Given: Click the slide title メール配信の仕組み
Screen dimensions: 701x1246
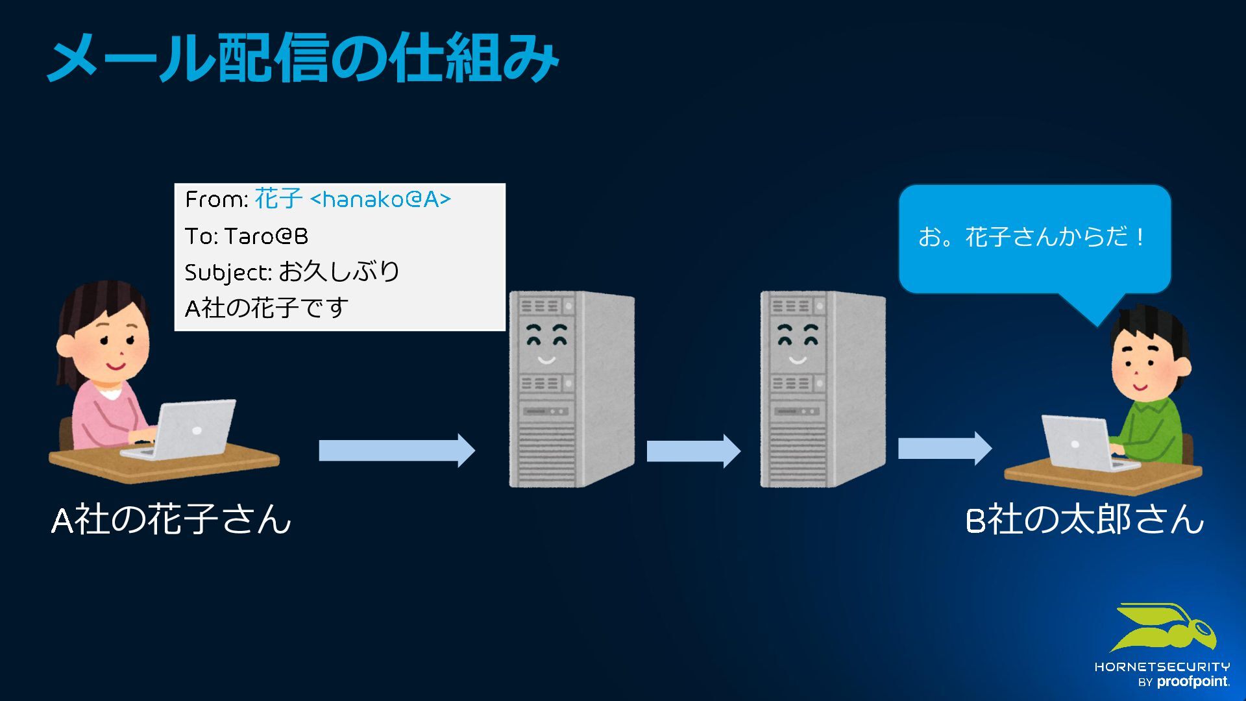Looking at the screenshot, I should coord(303,58).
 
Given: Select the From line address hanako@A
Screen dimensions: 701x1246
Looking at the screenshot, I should coord(380,199).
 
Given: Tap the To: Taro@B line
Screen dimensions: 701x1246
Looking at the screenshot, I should coord(247,236).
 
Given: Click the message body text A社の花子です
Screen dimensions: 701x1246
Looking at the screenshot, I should coord(267,308).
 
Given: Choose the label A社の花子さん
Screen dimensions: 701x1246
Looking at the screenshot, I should coord(171,520).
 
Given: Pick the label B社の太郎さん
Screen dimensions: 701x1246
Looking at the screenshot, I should coord(1084,520).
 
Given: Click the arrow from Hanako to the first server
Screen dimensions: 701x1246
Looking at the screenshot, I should coord(397,450).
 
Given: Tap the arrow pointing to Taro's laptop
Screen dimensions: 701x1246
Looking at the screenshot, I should coord(944,449).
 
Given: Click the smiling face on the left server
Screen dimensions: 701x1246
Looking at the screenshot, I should coord(546,344).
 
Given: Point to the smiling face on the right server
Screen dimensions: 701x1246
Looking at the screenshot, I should coord(798,344).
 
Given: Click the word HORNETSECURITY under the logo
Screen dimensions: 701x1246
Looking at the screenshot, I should coord(1162,667).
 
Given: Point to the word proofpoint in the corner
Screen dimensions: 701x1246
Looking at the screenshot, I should coord(1193,682).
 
